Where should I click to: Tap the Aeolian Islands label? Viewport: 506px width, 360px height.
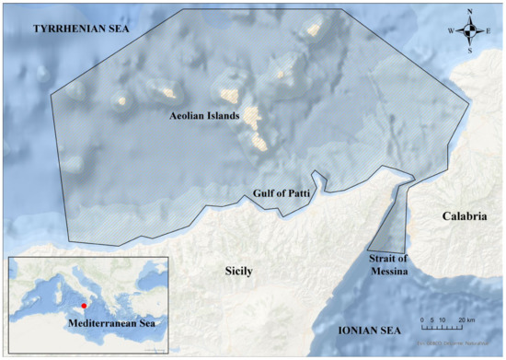204,117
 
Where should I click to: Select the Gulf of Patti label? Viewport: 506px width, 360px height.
281,194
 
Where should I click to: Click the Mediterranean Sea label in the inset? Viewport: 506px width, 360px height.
109,324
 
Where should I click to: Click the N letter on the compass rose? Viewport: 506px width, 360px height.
471,12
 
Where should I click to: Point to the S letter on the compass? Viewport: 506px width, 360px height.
471,51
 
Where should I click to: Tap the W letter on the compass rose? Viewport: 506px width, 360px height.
451,31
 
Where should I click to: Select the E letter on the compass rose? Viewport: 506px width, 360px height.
490,31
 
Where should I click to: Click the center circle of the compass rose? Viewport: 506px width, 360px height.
471,31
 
